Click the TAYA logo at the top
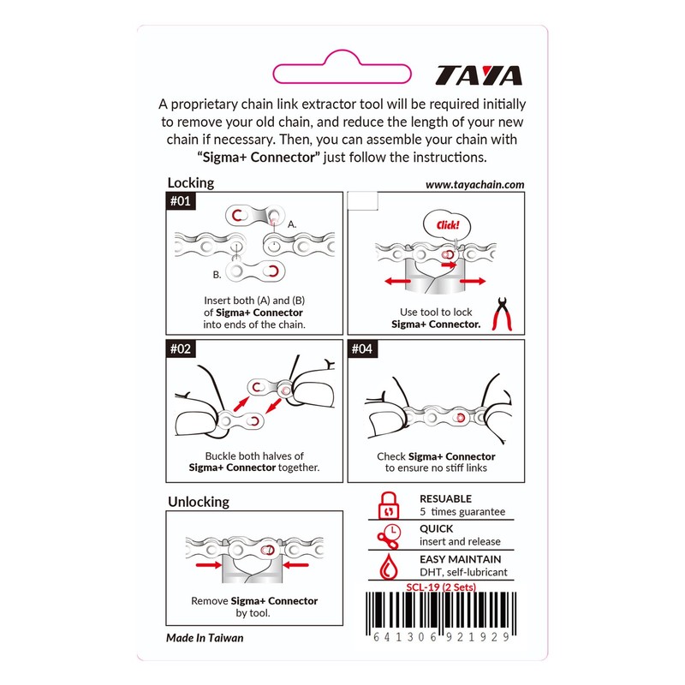(x=479, y=76)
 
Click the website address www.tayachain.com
(x=474, y=184)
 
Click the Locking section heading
(x=190, y=182)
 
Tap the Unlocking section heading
(x=198, y=501)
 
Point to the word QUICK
(x=437, y=528)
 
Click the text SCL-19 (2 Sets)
(x=440, y=587)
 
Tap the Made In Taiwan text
(x=205, y=638)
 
